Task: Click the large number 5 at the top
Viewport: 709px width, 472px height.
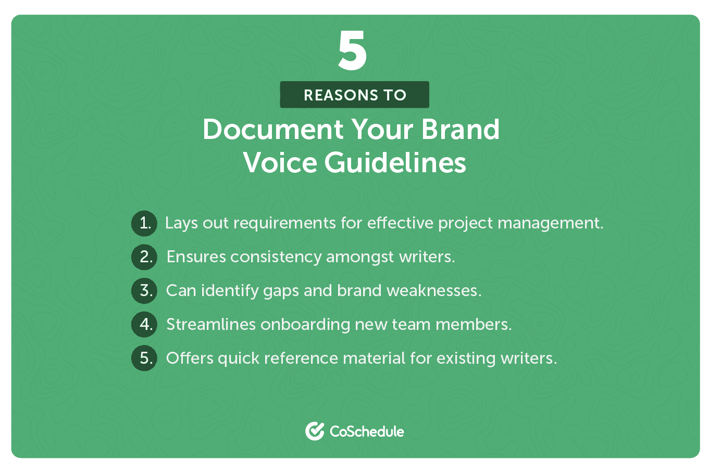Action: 353,50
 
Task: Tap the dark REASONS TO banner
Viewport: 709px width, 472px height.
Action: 354,95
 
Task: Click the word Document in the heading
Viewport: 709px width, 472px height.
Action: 273,130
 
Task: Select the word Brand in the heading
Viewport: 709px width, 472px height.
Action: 461,130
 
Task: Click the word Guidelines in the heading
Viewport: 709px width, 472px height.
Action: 395,163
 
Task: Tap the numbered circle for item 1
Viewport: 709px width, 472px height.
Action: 144,223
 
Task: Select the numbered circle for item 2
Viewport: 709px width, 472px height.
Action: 144,257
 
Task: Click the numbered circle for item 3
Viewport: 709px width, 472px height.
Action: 144,290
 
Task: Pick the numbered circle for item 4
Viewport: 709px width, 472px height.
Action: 144,324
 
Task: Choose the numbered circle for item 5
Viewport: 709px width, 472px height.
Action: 144,358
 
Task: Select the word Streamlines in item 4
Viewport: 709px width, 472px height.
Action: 210,324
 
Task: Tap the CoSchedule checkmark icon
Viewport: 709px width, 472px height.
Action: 315,431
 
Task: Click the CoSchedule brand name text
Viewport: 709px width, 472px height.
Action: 367,431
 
